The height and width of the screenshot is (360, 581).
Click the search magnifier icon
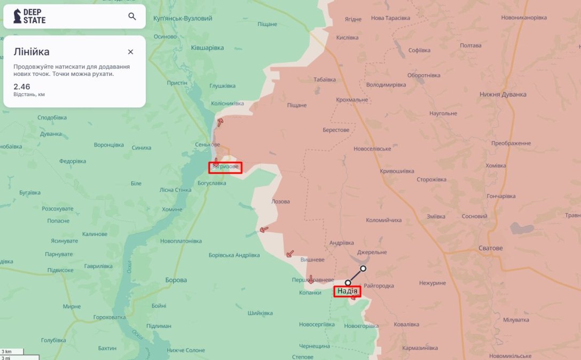[132, 17]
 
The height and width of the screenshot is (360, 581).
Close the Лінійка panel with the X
[130, 52]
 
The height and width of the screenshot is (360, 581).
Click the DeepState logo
[30, 17]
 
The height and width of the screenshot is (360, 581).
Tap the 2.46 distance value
[22, 86]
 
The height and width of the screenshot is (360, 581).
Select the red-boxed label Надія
[347, 291]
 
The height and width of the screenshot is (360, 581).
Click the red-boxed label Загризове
[225, 167]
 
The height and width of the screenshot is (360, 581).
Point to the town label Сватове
[491, 248]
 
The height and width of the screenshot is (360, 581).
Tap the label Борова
[176, 280]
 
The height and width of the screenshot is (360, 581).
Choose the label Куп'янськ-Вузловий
[183, 18]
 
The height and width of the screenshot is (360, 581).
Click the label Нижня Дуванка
[503, 95]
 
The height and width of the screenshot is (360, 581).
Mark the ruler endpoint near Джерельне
[363, 269]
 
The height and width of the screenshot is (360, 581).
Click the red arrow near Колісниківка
[220, 122]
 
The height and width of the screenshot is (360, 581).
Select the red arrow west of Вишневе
[290, 254]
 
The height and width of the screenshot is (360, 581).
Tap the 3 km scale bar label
[7, 351]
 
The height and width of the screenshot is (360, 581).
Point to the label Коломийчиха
[383, 220]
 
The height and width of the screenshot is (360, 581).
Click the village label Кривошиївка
[397, 171]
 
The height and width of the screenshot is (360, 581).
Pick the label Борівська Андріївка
[234, 255]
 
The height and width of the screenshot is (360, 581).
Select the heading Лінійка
[32, 52]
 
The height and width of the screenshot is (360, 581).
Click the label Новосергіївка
[317, 324]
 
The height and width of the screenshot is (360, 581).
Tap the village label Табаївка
[325, 80]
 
